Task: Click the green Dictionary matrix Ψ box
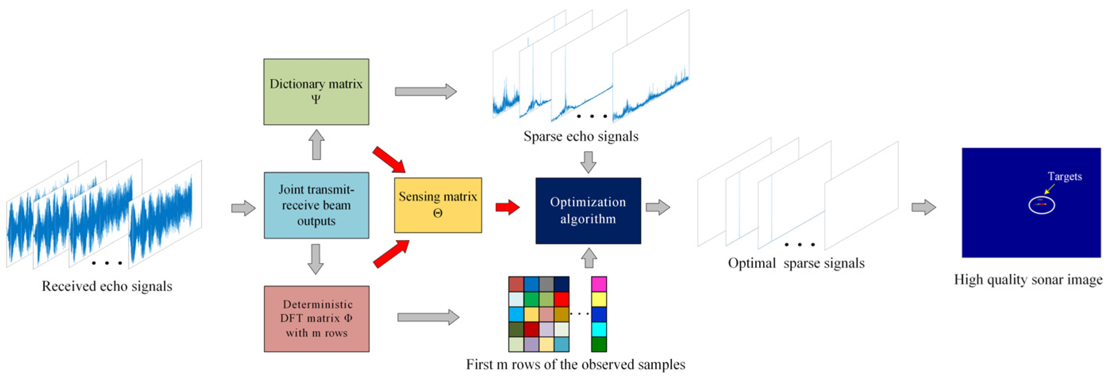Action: (316, 92)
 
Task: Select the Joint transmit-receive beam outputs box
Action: (316, 205)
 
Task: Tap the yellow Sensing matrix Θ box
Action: (438, 205)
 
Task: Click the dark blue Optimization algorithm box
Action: (588, 211)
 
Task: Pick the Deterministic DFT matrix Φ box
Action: (317, 319)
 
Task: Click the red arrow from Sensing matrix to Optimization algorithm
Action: (508, 207)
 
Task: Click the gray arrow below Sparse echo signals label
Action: (588, 162)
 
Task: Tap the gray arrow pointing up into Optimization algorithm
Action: (589, 258)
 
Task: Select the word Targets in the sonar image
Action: (1064, 177)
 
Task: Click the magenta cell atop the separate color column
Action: (599, 284)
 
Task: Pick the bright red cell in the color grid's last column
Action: (561, 299)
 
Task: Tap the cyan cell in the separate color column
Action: (599, 329)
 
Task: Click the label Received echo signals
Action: (107, 286)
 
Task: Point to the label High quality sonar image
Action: (1028, 280)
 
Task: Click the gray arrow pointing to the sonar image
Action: (923, 207)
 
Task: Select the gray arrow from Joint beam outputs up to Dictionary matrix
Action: (317, 145)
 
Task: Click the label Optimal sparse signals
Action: (796, 263)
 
